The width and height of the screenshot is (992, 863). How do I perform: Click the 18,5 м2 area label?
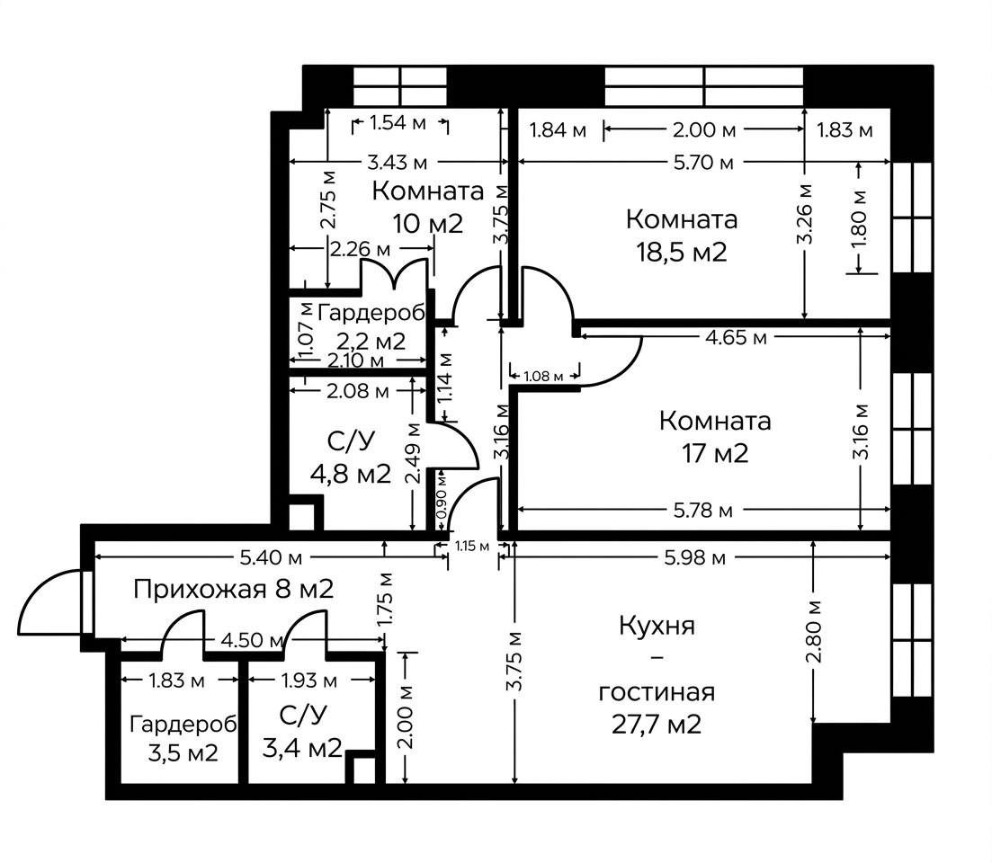click(682, 253)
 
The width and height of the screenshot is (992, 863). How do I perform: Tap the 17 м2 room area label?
click(715, 453)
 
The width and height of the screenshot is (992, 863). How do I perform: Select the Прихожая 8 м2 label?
click(234, 590)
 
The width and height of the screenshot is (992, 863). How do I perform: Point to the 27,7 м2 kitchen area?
click(656, 724)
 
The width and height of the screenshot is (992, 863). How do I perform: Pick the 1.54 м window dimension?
click(398, 122)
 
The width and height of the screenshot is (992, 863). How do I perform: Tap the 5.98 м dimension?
click(694, 557)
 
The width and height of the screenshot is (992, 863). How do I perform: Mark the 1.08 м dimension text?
click(543, 376)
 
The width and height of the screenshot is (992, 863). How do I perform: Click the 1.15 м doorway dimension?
click(472, 546)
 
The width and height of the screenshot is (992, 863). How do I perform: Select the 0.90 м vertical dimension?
click(441, 501)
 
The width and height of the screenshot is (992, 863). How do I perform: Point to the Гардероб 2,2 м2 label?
click(371, 327)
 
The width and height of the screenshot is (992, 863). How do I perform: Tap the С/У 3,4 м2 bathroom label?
click(302, 731)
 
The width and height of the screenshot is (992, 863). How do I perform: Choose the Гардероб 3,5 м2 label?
click(183, 738)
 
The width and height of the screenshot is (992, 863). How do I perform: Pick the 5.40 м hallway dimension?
click(270, 557)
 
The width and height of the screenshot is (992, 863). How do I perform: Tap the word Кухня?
click(657, 626)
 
